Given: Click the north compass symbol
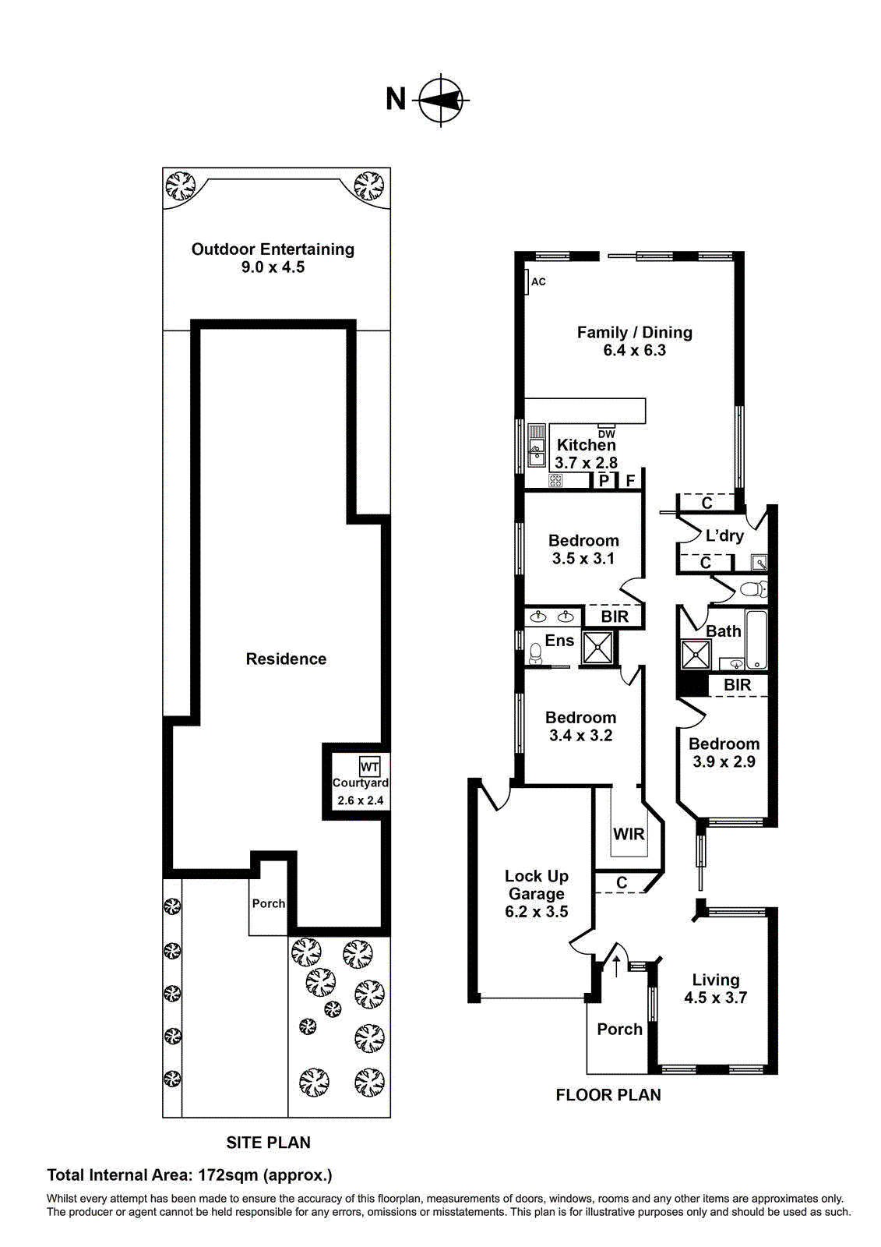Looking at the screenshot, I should click(x=442, y=100).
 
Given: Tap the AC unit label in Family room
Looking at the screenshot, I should click(x=537, y=281).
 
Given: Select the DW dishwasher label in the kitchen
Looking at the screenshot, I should click(x=606, y=434).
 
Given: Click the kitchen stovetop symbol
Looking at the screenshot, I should click(x=555, y=481).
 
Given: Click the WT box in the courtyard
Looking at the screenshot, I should click(x=370, y=767).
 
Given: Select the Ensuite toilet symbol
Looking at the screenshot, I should click(x=534, y=653).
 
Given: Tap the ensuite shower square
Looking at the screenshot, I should click(x=599, y=648).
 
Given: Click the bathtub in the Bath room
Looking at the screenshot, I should click(x=756, y=640).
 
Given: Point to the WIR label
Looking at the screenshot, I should click(x=629, y=834).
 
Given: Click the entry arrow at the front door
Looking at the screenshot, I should click(x=617, y=966).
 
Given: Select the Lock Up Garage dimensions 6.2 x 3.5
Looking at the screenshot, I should click(x=537, y=912).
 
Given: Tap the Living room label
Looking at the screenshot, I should click(x=716, y=980).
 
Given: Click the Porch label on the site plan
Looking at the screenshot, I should click(x=269, y=903).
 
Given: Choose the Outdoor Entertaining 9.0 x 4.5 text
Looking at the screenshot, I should click(x=273, y=258).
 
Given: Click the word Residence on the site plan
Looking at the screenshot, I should click(x=286, y=659).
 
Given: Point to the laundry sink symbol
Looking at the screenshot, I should click(x=759, y=562).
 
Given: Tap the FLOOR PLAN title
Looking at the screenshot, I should click(x=608, y=1095).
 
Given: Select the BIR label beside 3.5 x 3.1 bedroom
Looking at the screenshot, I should click(x=615, y=616).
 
